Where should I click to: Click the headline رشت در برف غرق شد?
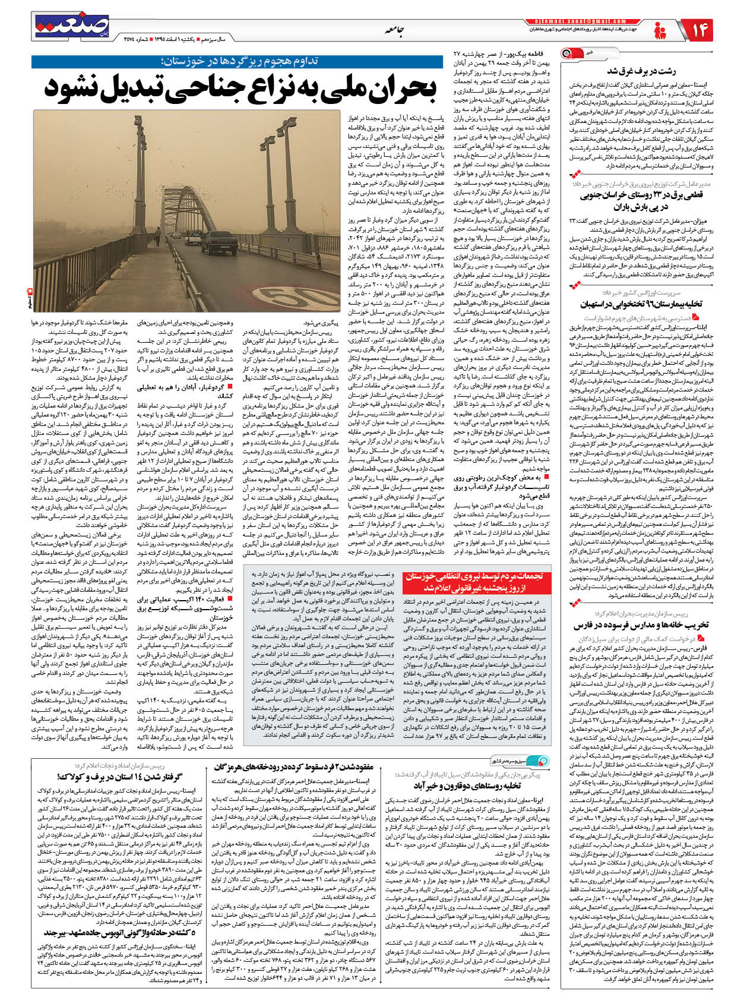(x=641, y=71)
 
